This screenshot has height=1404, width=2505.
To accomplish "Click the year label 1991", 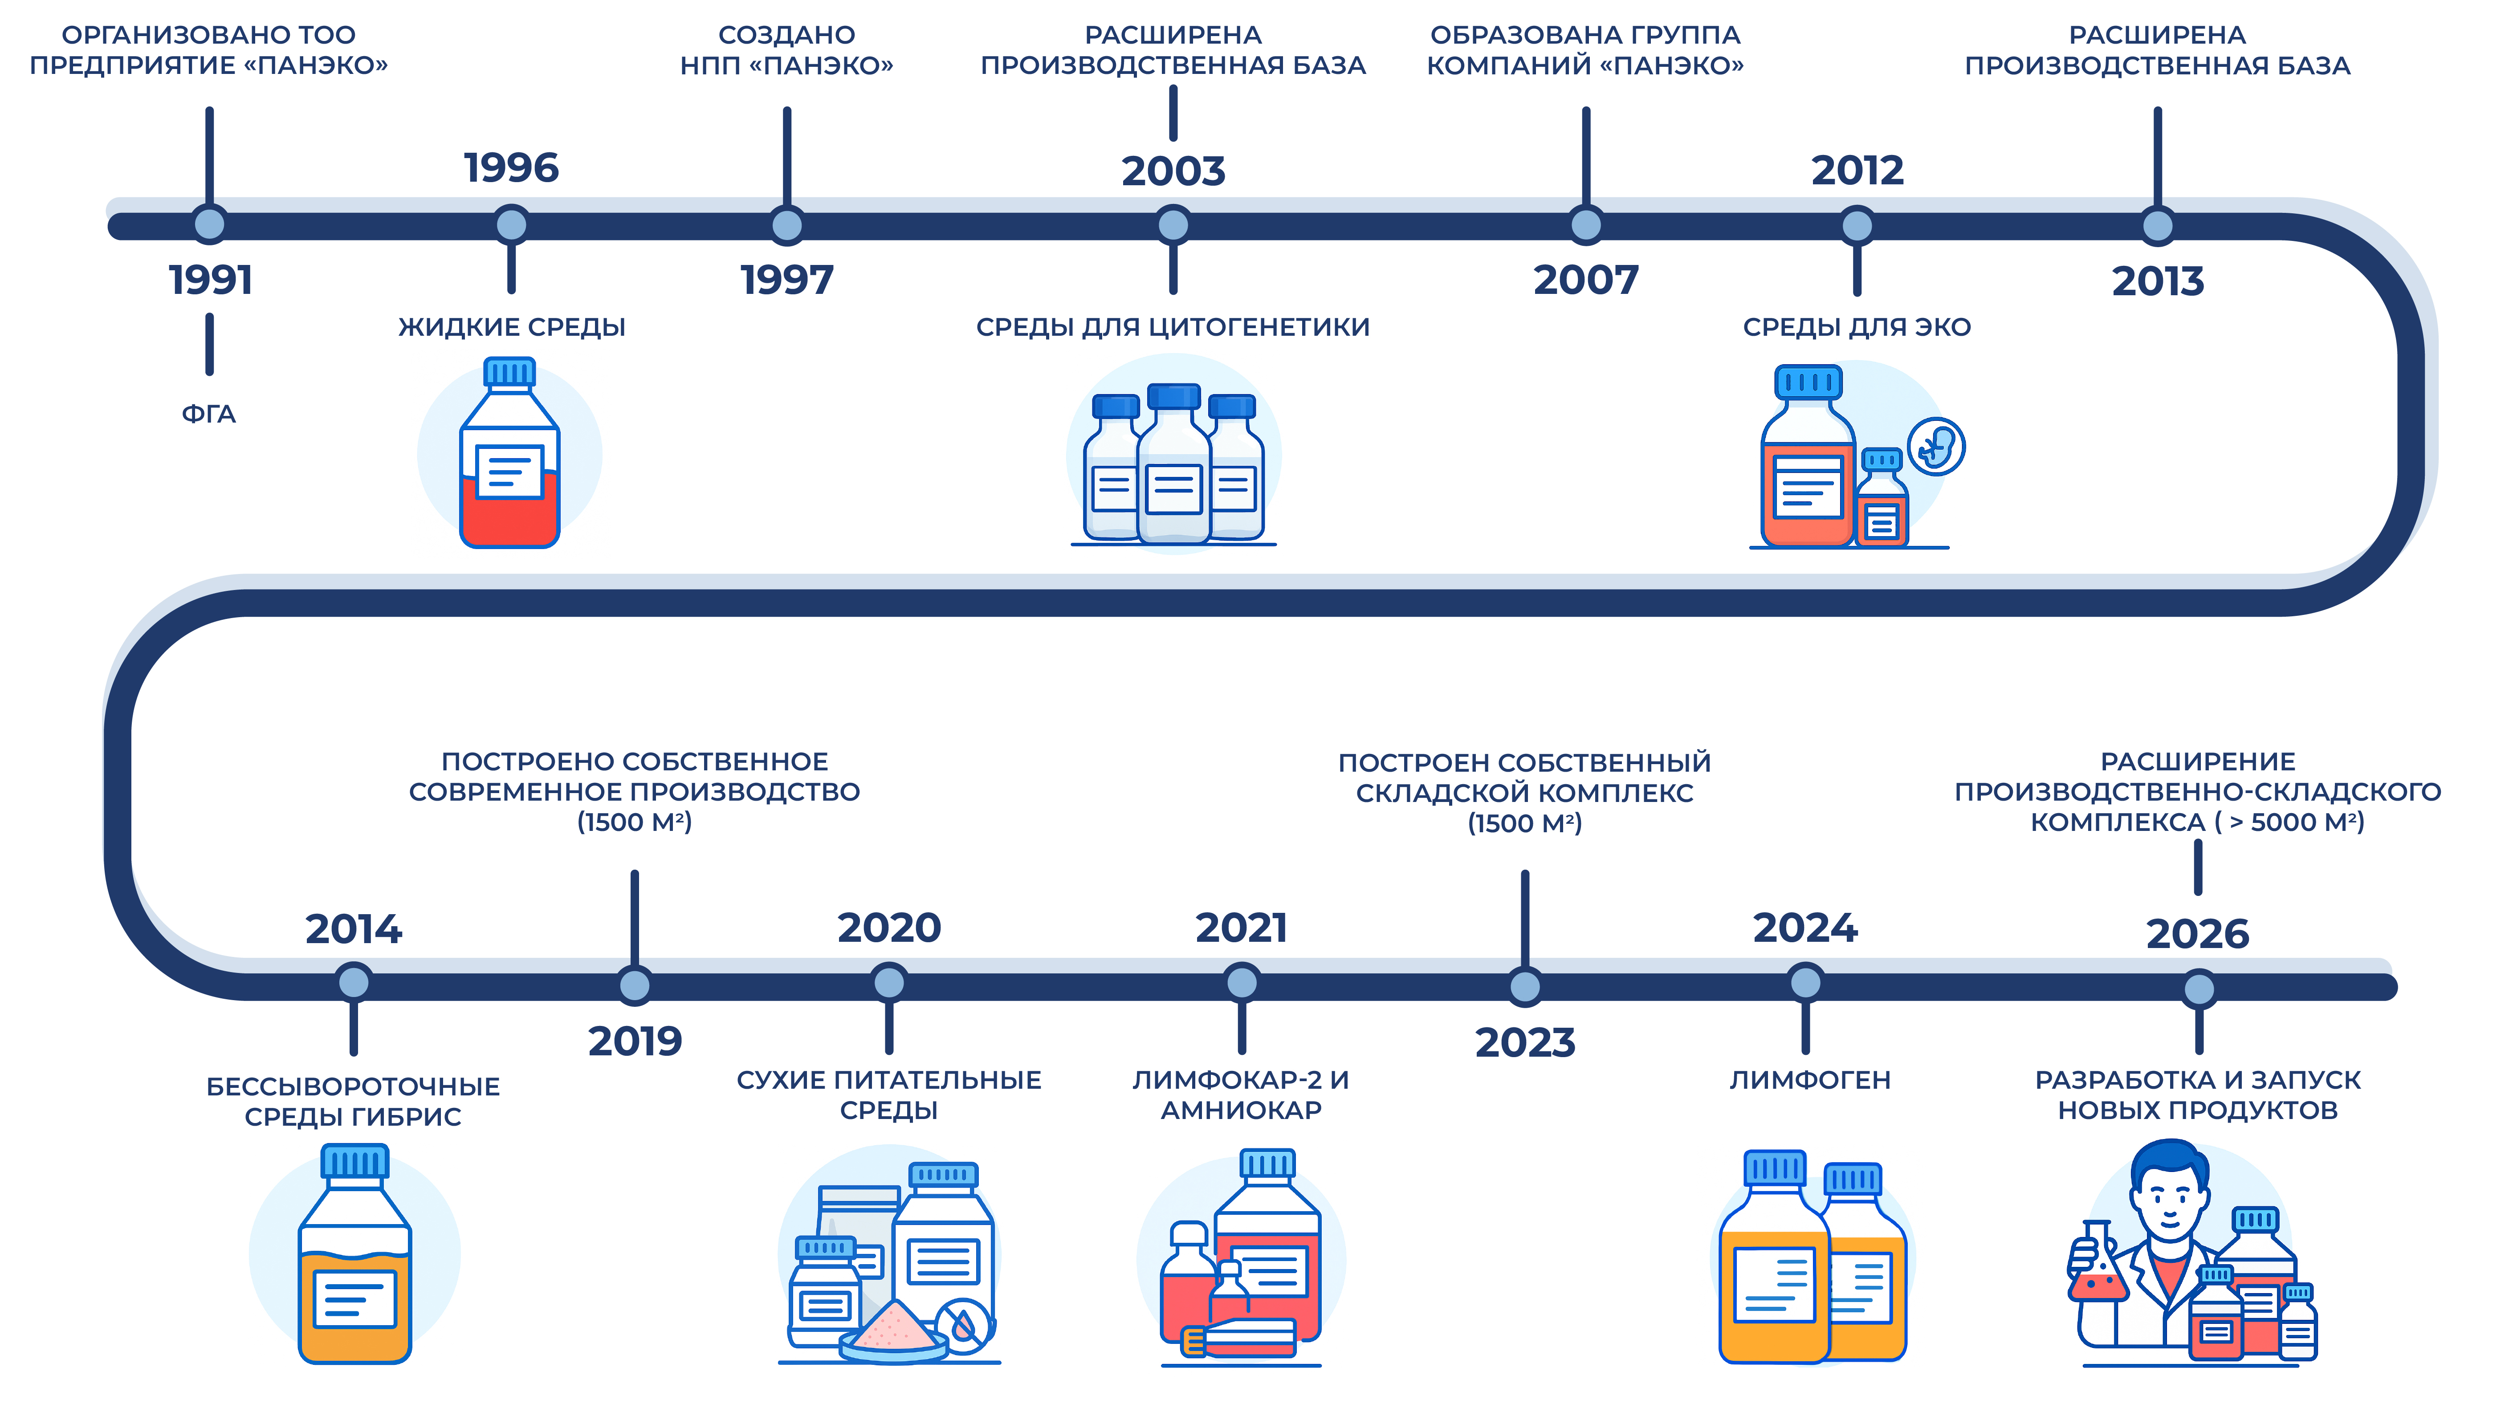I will click(x=210, y=280).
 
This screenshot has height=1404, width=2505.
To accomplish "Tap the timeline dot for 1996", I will click(x=512, y=224).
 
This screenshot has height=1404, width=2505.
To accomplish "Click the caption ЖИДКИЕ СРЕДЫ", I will click(x=512, y=327).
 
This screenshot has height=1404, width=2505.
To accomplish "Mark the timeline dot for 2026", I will click(x=2199, y=989).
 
